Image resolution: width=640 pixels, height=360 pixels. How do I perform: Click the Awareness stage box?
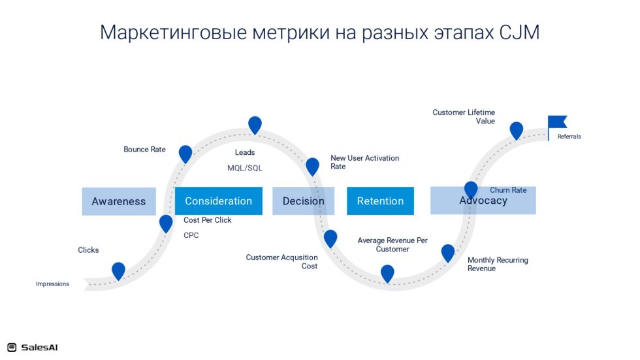click(119, 201)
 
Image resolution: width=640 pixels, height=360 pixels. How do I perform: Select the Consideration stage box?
click(218, 201)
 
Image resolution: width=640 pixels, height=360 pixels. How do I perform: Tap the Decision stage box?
click(303, 201)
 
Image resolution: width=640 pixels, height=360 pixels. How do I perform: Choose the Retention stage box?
click(380, 201)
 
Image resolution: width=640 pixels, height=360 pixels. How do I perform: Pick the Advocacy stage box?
click(483, 201)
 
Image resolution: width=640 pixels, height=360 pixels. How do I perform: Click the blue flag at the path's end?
click(556, 122)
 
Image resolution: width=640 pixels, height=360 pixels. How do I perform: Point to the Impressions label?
click(52, 284)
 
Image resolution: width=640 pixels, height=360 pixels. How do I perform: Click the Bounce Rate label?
click(144, 150)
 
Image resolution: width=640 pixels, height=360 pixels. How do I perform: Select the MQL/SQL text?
click(245, 168)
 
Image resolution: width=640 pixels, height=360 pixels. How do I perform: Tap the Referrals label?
click(569, 137)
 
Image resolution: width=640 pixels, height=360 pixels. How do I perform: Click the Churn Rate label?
click(508, 190)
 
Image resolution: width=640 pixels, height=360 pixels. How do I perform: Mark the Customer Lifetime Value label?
click(464, 117)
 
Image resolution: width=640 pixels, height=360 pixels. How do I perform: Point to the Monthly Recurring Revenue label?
click(498, 264)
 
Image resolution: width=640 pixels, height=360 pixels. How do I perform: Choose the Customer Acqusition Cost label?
click(281, 261)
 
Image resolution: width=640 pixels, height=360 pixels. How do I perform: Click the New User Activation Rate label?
click(364, 162)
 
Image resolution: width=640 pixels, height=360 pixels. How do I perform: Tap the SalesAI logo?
click(32, 348)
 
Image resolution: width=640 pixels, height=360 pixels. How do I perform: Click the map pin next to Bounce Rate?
click(185, 154)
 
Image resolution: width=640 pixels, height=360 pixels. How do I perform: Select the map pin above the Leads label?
click(255, 125)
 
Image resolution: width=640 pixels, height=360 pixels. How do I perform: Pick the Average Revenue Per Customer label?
click(392, 244)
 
